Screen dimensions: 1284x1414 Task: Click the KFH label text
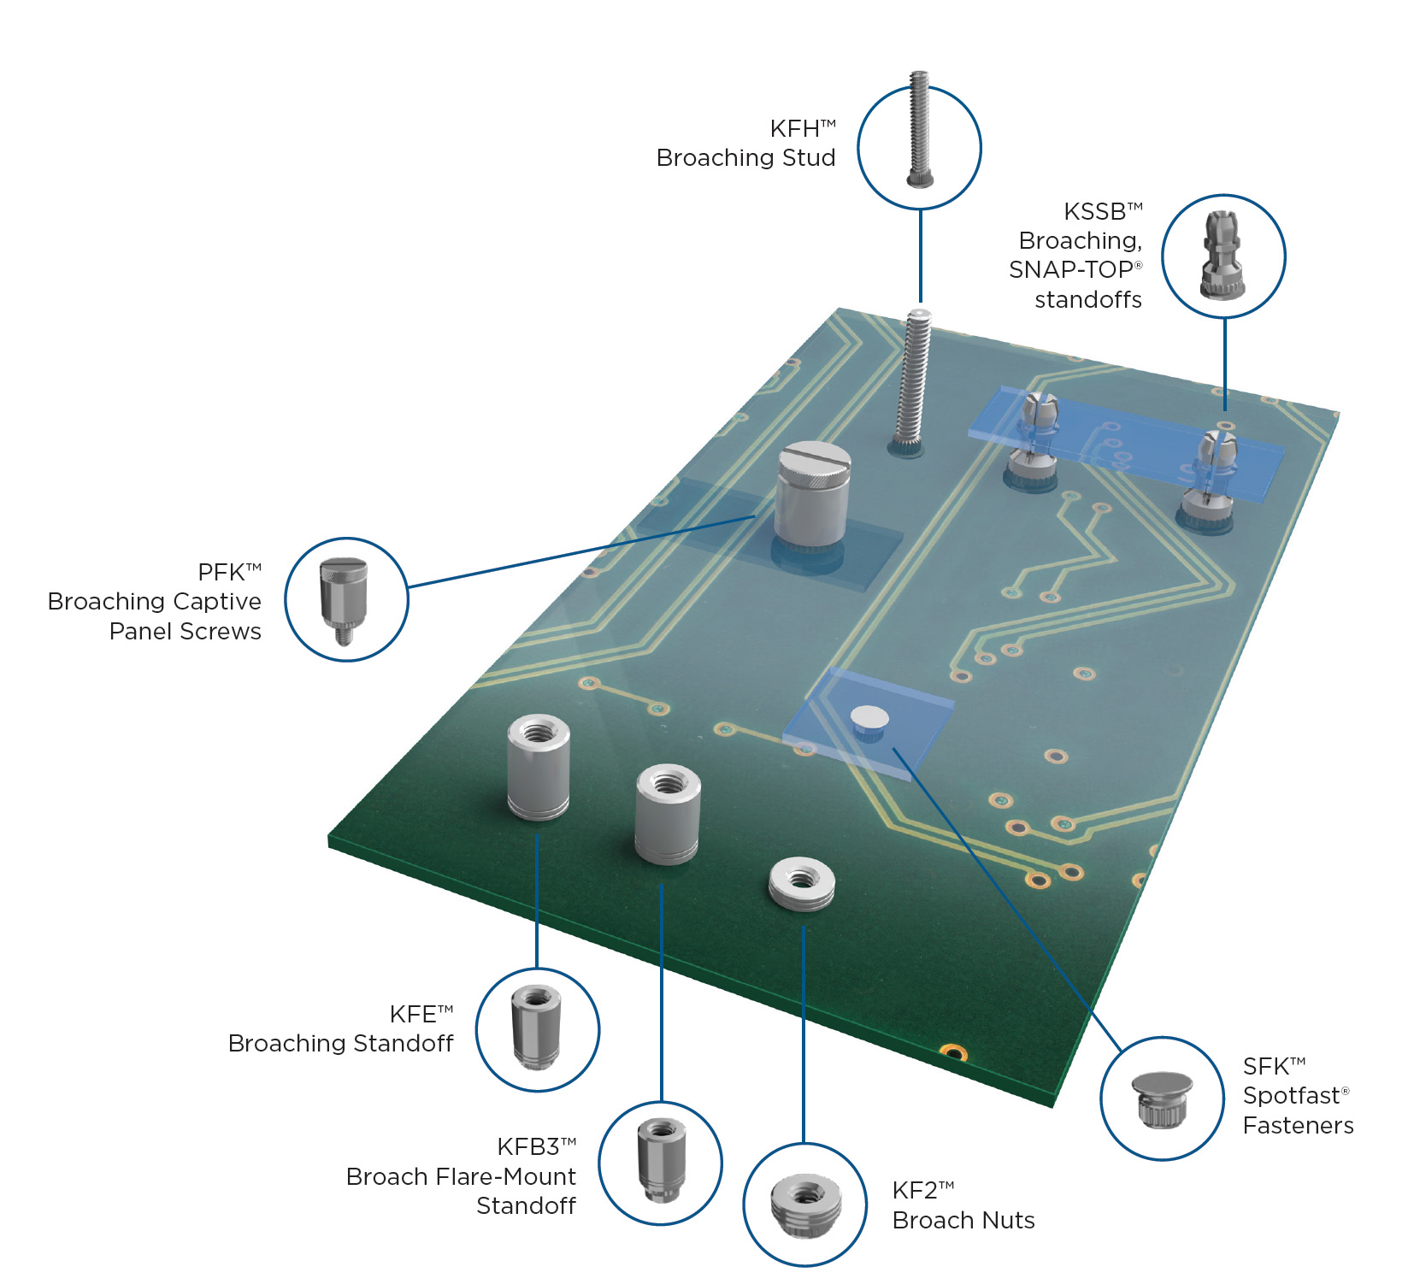[796, 129]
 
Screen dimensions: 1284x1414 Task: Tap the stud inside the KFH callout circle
[919, 130]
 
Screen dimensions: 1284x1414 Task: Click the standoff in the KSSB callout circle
[1223, 256]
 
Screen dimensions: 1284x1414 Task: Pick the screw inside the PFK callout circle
[344, 598]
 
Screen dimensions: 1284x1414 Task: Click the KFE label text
[415, 1014]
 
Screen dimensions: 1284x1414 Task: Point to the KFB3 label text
[529, 1146]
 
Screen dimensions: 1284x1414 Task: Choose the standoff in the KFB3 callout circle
[661, 1160]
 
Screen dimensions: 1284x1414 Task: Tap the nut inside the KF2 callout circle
[805, 1204]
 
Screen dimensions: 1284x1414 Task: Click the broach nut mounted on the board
[801, 883]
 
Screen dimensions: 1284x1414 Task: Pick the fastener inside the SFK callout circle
[1162, 1099]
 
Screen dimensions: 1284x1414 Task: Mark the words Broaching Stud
[745, 158]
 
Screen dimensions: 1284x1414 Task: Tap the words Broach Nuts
[963, 1220]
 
